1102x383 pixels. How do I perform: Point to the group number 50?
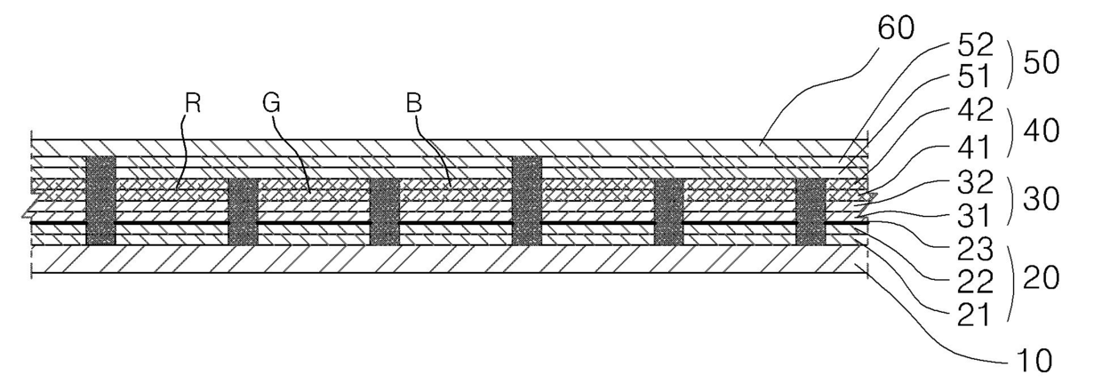click(x=1039, y=63)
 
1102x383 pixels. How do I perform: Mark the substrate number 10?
click(x=1032, y=361)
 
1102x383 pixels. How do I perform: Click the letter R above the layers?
click(x=193, y=103)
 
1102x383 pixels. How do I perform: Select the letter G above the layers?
click(x=271, y=103)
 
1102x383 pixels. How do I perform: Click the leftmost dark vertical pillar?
click(x=100, y=201)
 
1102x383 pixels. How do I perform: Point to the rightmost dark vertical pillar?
click(x=810, y=211)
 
